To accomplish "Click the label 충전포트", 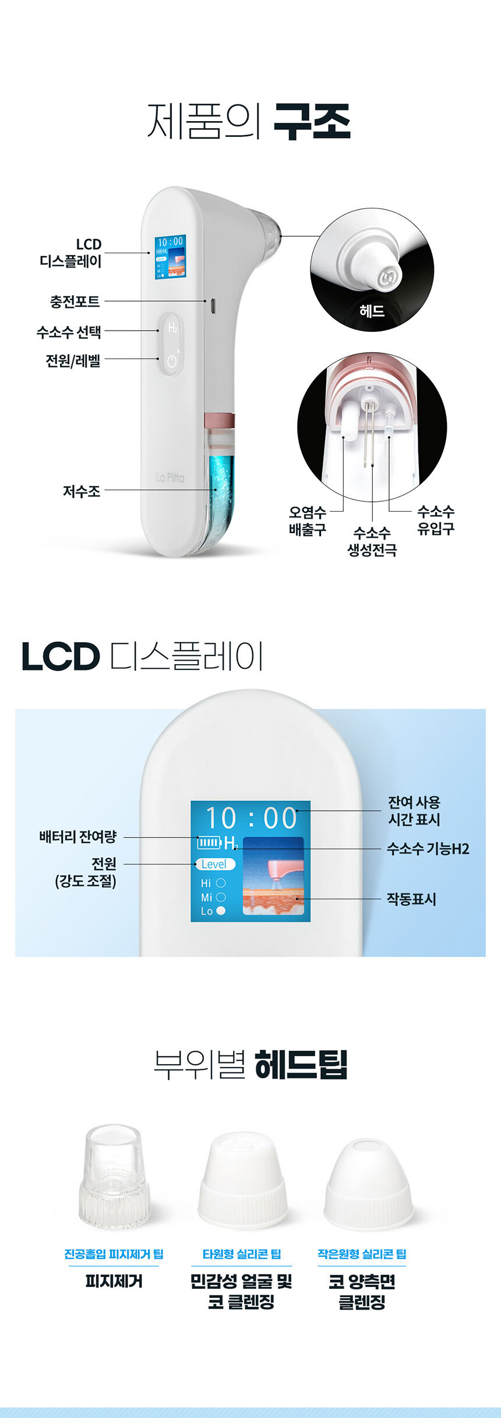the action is pos(75,302).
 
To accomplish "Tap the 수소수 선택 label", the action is pos(69,332).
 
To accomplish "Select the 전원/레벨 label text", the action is pos(73,361).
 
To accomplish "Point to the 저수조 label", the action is pos(82,491).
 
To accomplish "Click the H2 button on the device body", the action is pos(172,328).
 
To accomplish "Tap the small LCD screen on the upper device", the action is pos(170,257).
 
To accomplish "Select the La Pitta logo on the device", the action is pos(170,477).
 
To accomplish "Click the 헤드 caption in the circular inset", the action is pos(372,311).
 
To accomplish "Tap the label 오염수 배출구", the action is pos(308,521).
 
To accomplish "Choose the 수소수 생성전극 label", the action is pos(372,541).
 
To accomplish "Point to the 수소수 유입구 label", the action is pos(436,520).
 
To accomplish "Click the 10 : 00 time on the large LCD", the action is pos(251,818).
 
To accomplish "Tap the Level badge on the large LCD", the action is pos(215,864).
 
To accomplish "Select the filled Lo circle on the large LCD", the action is pos(221,911).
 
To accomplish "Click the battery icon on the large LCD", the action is pos(209,842).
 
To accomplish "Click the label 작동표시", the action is pos(411,899).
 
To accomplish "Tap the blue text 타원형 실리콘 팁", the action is pos(242,1254).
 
